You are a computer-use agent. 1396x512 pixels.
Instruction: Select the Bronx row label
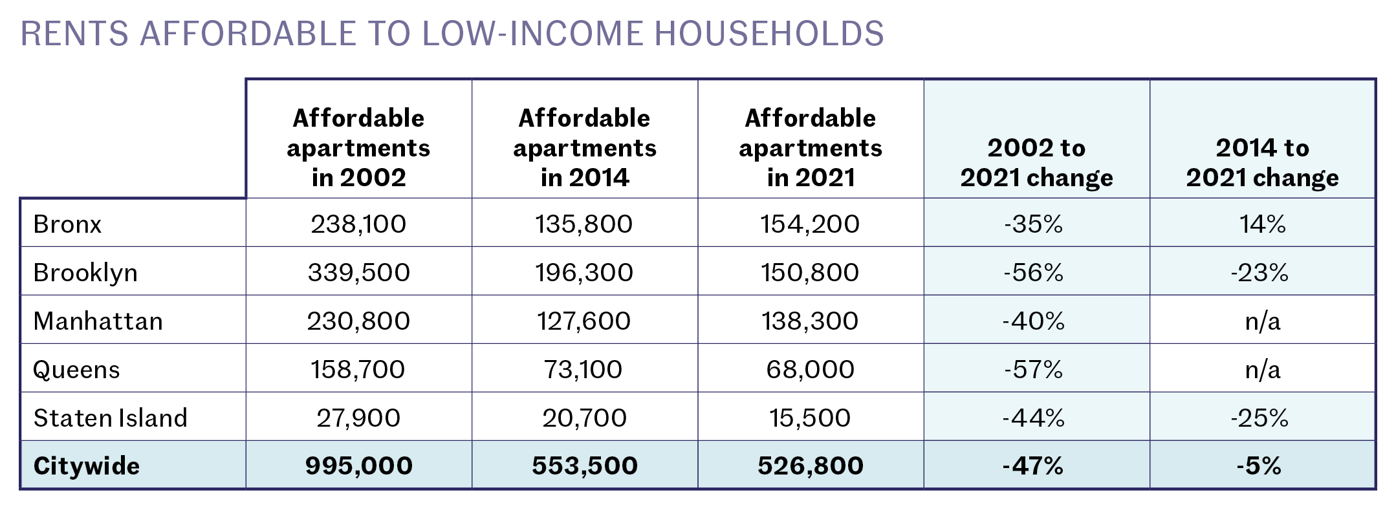[x=67, y=224]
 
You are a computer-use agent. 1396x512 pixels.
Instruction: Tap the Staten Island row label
[x=110, y=418]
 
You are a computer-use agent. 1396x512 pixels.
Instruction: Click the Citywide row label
[x=86, y=465]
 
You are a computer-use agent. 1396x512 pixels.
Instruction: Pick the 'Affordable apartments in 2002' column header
[x=358, y=148]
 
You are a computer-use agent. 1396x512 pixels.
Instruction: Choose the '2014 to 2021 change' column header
[x=1262, y=163]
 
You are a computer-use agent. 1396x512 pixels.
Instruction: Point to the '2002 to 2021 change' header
[x=1036, y=163]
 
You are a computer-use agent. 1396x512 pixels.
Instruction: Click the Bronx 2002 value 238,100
[x=358, y=224]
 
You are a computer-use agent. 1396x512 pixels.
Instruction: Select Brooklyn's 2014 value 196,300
[x=584, y=272]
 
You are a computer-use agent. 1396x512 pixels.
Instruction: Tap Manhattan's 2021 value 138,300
[x=810, y=321]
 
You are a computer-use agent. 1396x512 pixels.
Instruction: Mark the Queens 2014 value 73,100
[x=584, y=369]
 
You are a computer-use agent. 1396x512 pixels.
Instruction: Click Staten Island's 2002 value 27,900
[x=358, y=418]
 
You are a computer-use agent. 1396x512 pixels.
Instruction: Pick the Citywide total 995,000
[x=358, y=465]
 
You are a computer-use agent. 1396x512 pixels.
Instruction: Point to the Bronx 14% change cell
[x=1262, y=224]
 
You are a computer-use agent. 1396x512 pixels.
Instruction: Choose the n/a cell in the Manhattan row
[x=1262, y=321]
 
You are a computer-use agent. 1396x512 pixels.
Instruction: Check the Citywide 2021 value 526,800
[x=810, y=465]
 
